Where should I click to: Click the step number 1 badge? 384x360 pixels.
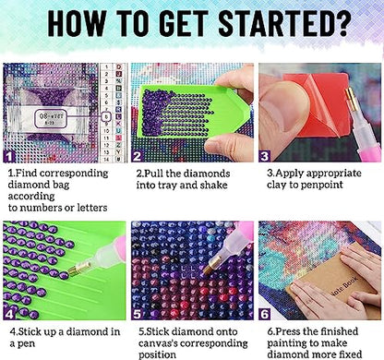(x=9, y=157)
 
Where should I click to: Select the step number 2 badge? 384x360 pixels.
(x=137, y=157)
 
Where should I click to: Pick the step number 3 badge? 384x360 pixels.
(x=264, y=157)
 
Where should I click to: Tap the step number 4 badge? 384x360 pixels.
(x=9, y=315)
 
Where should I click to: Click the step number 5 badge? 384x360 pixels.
(x=137, y=315)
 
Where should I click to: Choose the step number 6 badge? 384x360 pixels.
(x=265, y=315)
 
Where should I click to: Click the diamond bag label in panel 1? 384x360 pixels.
(x=51, y=119)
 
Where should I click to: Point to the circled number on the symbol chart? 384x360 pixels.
(x=106, y=117)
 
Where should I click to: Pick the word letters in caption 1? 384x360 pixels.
(x=92, y=208)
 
